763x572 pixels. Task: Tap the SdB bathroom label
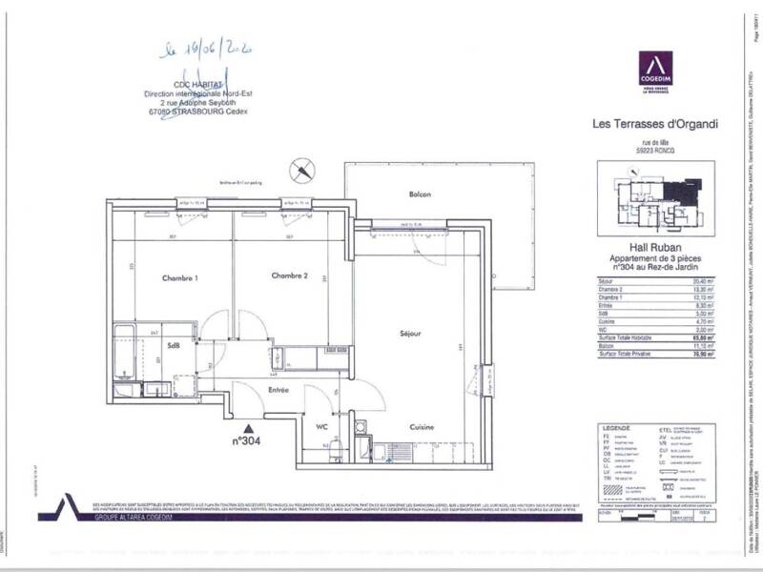(x=175, y=346)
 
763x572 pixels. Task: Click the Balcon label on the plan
(x=420, y=194)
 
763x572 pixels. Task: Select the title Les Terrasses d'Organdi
(x=654, y=122)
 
